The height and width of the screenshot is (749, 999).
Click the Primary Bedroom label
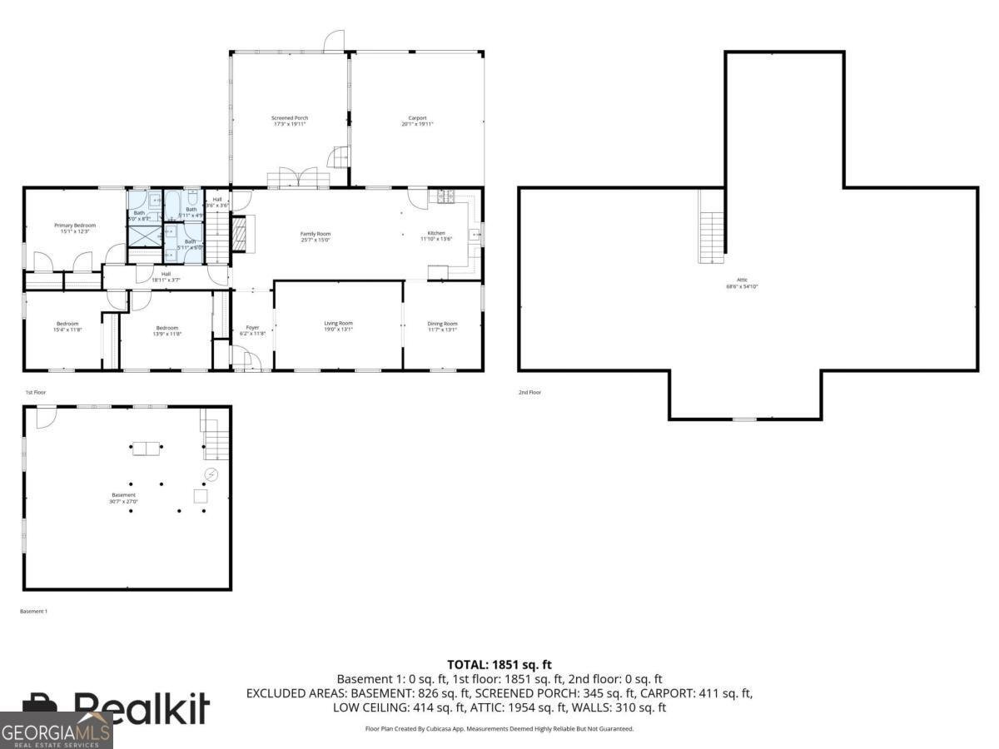[75, 228]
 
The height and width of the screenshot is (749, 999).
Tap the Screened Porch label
[290, 121]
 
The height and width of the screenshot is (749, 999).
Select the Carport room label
[417, 121]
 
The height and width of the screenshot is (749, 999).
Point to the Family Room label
[316, 236]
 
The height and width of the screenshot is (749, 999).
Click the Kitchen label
[436, 236]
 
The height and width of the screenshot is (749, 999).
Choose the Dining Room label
[443, 326]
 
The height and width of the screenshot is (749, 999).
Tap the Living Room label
[338, 326]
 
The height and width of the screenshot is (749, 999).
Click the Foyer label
[252, 330]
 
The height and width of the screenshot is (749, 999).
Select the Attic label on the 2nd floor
[742, 283]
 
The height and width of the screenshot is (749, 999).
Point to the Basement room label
[123, 498]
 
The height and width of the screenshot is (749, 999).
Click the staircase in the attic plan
[713, 237]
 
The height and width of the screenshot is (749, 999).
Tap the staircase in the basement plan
[216, 439]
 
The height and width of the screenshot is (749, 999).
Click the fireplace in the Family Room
[240, 234]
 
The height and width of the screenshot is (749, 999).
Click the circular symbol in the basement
[211, 474]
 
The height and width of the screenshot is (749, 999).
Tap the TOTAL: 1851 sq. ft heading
[499, 664]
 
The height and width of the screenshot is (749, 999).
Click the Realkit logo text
[142, 707]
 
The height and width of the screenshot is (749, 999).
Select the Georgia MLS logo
[56, 731]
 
